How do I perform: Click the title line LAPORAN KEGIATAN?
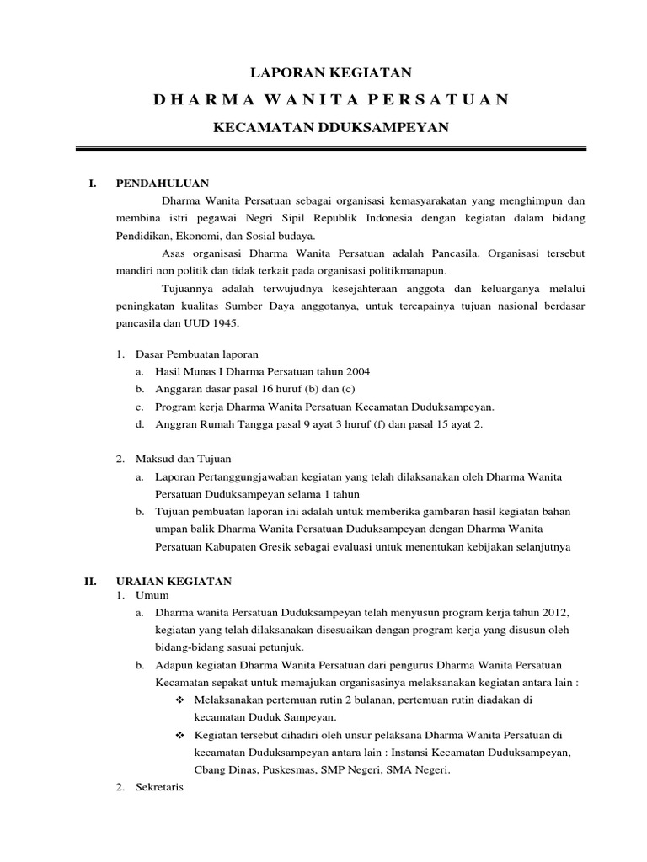pos(331,74)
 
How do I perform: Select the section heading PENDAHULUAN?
pos(162,183)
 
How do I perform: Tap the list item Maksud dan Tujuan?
pos(183,459)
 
